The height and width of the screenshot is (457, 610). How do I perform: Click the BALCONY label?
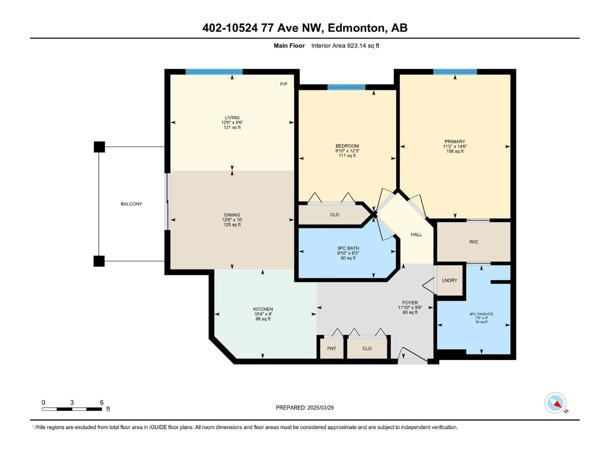pos(131,204)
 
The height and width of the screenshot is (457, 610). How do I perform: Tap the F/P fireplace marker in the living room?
pos(284,84)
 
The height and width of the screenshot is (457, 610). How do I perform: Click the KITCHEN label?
pos(263,309)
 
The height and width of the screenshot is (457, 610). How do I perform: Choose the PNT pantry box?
pos(332,348)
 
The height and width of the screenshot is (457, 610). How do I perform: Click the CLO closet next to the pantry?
pos(367,348)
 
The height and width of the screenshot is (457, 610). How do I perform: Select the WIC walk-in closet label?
pos(474,242)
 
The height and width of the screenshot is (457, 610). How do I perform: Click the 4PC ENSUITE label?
pos(481,314)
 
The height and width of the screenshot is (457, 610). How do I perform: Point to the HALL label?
pos(416,234)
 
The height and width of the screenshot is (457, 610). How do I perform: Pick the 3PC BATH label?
pos(348,248)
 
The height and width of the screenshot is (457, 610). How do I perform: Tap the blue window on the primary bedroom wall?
pos(455,72)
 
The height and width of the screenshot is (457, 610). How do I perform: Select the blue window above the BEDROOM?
pos(346,87)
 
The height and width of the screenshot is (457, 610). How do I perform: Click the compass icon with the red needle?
pos(555,403)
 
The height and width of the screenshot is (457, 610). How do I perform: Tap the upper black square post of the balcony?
pos(99,147)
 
